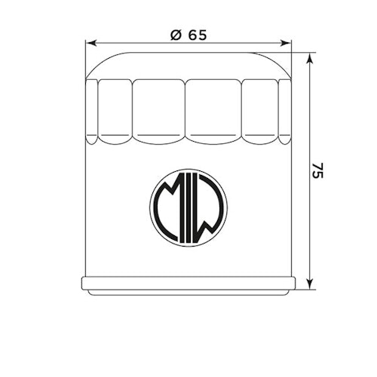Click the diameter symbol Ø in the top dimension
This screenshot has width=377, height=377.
tap(173, 35)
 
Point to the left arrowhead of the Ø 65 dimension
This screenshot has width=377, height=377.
tap(90, 44)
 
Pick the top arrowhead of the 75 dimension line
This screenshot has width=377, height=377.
tap(310, 58)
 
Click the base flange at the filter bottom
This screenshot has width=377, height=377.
tap(188, 285)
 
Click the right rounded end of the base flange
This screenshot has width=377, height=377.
tap(294, 285)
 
